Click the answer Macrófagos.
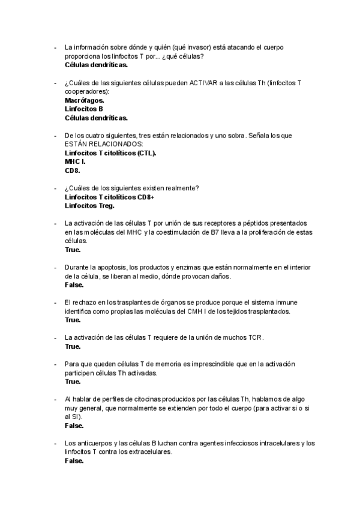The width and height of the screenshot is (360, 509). [84, 100]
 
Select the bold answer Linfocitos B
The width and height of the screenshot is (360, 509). [83, 109]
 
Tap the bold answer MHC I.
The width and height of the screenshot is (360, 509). [75, 161]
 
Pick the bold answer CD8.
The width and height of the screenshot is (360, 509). [72, 170]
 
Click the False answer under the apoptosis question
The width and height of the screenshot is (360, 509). [74, 285]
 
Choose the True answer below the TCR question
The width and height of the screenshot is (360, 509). [73, 346]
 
